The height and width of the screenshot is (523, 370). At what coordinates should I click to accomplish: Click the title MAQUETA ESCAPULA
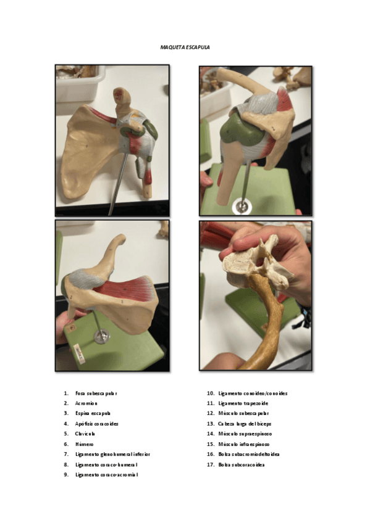(185, 46)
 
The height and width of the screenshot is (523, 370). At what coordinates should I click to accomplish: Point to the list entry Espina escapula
(93, 413)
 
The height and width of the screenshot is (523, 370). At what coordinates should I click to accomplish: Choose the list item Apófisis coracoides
(96, 424)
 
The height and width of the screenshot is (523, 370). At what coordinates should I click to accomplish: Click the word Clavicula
(85, 434)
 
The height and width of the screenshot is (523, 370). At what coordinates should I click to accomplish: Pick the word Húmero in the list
(84, 444)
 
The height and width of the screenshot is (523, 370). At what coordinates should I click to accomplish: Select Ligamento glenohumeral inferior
(112, 454)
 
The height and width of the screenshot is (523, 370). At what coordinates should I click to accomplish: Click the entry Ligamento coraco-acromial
(106, 474)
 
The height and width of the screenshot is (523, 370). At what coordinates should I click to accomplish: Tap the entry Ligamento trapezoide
(243, 403)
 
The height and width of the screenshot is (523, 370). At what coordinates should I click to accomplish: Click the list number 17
(210, 464)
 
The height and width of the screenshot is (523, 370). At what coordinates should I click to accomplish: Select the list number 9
(65, 474)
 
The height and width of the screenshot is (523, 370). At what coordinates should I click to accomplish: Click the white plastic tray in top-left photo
(80, 83)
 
